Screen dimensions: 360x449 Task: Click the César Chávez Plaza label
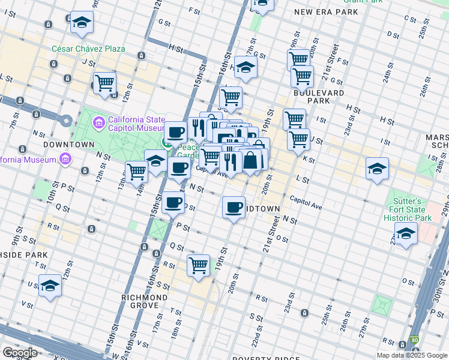(88, 49)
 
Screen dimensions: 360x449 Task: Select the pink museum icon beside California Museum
(64, 160)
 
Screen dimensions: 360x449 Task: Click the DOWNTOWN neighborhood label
(68, 145)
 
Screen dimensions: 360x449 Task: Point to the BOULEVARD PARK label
(319, 97)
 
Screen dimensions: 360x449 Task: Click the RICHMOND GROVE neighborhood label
(144, 302)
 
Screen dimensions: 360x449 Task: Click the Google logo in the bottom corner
(20, 353)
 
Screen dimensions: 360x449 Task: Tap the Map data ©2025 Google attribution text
(411, 355)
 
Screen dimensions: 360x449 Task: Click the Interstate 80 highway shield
(415, 340)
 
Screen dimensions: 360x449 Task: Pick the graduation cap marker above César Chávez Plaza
(82, 23)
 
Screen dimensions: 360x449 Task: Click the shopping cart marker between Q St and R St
(198, 265)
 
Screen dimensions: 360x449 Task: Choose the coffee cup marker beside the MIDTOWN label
(234, 207)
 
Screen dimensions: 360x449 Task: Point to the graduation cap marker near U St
(50, 287)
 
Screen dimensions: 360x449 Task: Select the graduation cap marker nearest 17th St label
(246, 67)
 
